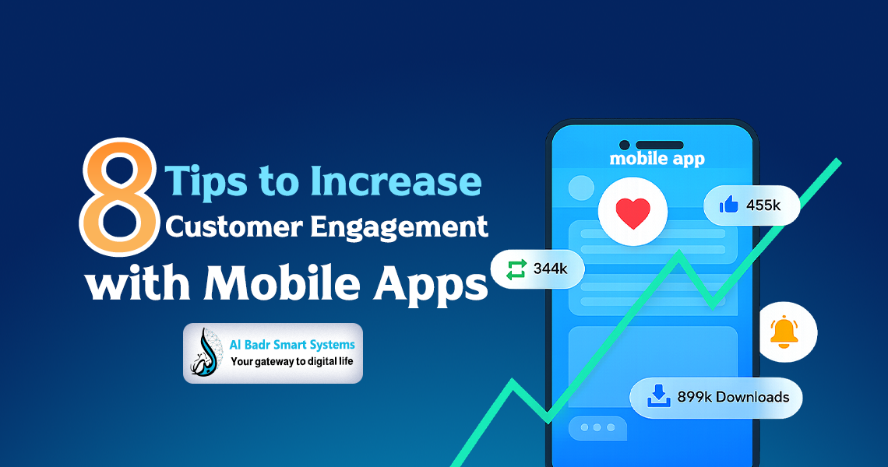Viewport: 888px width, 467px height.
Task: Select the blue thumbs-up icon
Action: (729, 205)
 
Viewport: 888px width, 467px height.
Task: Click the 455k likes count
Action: (763, 205)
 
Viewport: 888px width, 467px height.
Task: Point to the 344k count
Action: (550, 270)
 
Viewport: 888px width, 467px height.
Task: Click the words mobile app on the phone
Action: (657, 159)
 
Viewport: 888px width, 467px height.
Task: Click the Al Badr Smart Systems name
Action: (292, 344)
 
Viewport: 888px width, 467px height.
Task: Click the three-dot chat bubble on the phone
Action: (597, 428)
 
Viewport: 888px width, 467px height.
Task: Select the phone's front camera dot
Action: (624, 145)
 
